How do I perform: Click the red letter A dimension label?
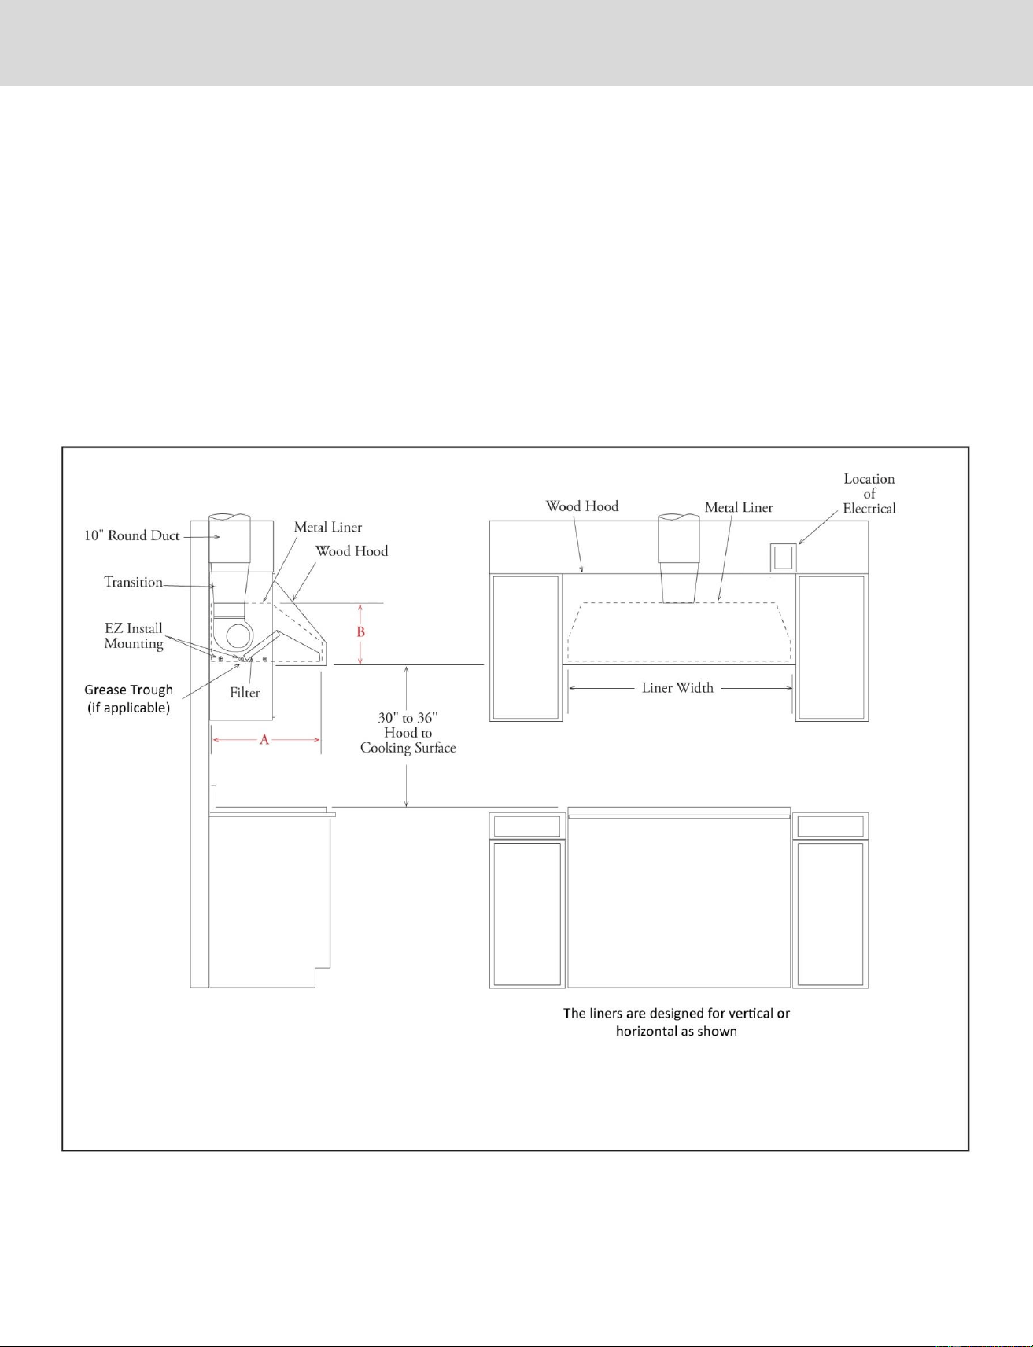[265, 740]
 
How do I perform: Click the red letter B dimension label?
[361, 632]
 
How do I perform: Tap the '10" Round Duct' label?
[132, 535]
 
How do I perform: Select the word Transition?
[134, 582]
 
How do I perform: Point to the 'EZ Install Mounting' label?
[134, 635]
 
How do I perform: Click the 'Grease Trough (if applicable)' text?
[129, 698]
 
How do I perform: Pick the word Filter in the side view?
[245, 693]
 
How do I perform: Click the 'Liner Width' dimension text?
[677, 688]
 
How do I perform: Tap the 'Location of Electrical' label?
[869, 494]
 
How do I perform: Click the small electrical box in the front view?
[783, 558]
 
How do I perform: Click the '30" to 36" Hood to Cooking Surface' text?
[408, 733]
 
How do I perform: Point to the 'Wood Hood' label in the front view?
[582, 506]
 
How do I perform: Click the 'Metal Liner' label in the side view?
[328, 527]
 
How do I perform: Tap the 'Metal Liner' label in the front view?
[739, 507]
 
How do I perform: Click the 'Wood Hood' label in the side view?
[352, 551]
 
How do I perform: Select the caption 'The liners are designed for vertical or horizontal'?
[677, 1022]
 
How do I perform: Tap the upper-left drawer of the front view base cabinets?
[527, 826]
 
